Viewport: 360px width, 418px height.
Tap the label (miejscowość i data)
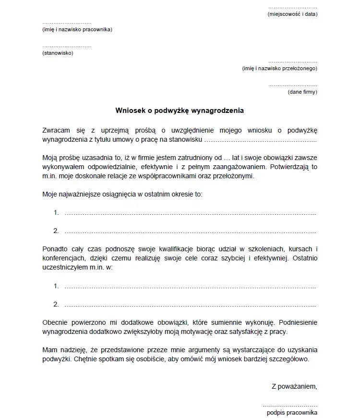[292, 14]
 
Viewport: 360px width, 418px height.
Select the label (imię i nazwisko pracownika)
[77, 30]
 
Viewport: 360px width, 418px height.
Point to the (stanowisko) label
[58, 53]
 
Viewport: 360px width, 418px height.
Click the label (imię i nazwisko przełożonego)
[279, 68]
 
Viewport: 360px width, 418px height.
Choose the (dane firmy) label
[302, 91]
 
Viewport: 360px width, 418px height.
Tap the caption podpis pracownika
[292, 412]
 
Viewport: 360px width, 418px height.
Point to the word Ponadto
[55, 248]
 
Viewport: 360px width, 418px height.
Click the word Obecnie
[55, 322]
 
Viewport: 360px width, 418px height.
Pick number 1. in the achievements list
[56, 212]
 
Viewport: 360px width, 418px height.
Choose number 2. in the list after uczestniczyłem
[56, 305]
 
